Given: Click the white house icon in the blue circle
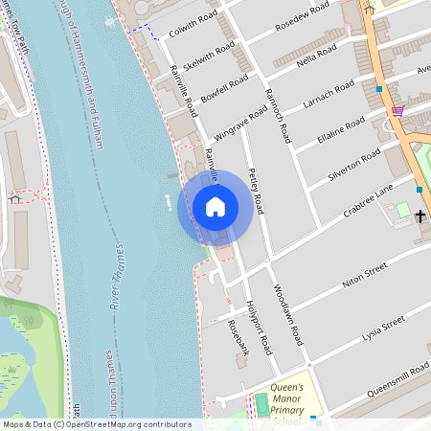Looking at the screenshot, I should (x=215, y=206).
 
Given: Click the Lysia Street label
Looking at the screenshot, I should (x=380, y=326).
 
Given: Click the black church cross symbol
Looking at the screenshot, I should (x=420, y=215).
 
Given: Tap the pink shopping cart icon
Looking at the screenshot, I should (x=397, y=110).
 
